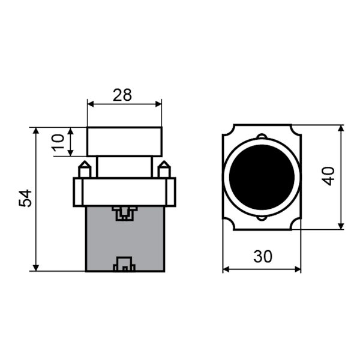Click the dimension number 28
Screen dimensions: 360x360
click(x=122, y=95)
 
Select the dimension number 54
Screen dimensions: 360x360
click(x=25, y=199)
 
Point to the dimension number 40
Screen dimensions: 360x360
click(x=328, y=176)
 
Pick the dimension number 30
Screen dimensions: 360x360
click(x=263, y=256)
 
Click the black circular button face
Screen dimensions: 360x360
click(x=262, y=177)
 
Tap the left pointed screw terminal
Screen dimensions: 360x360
click(x=85, y=169)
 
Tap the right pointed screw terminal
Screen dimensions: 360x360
click(x=164, y=169)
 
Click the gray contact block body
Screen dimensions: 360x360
click(x=125, y=239)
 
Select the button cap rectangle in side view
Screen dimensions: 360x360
click(x=124, y=142)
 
